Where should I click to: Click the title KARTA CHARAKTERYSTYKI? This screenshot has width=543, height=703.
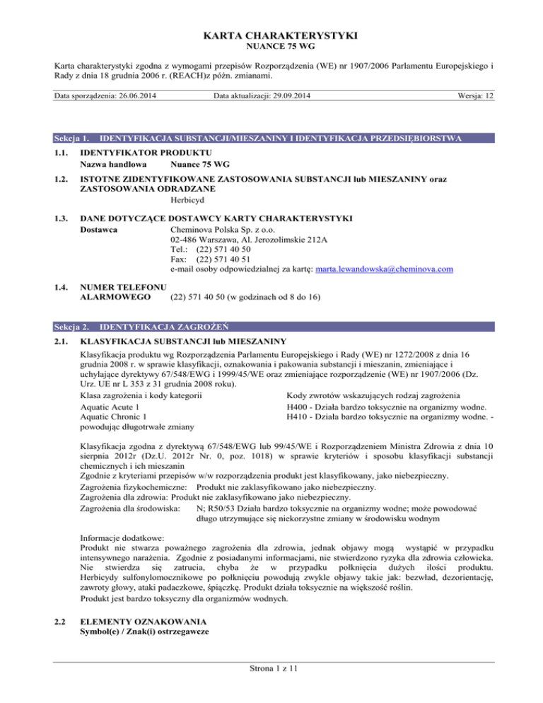[271, 35]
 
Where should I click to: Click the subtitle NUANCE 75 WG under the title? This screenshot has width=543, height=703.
[271, 50]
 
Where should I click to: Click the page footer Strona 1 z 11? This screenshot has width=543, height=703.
[271, 687]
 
